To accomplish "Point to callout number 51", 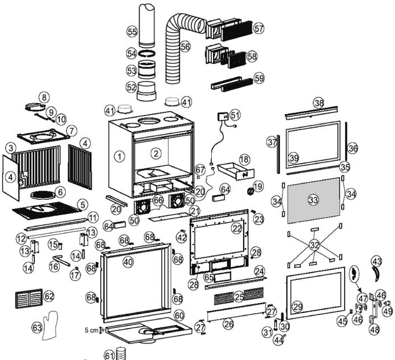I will [x=234, y=114].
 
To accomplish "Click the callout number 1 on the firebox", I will [x=119, y=156].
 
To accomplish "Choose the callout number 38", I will [x=319, y=103].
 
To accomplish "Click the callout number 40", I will [x=128, y=261].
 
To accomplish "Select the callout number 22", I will [x=236, y=228].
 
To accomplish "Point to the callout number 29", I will [x=298, y=306].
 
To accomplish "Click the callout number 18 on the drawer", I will [x=244, y=160].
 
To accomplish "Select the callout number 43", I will [x=377, y=261].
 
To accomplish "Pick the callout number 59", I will [x=259, y=78].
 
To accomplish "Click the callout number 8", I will [x=43, y=98].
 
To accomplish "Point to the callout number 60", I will [x=179, y=316].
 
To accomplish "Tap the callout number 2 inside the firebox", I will [x=156, y=153].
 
